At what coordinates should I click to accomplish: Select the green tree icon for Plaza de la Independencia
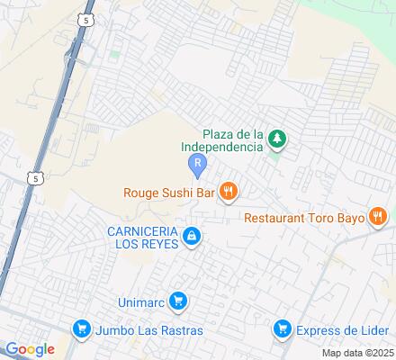[x=278, y=139]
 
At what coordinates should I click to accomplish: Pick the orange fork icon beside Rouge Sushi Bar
[x=229, y=190]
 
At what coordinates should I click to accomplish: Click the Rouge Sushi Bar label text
[x=168, y=190]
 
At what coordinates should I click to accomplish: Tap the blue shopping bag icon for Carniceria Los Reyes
[x=191, y=238]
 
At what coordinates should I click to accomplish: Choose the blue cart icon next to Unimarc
[x=178, y=301]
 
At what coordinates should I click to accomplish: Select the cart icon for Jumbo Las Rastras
[x=82, y=329]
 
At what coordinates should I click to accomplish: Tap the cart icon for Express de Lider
[x=283, y=329]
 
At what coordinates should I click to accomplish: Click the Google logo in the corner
[x=29, y=349]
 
